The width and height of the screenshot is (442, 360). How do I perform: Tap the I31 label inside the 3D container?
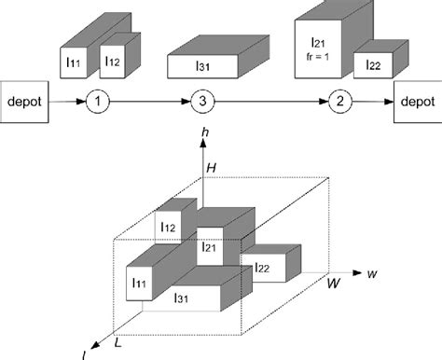(x=181, y=298)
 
